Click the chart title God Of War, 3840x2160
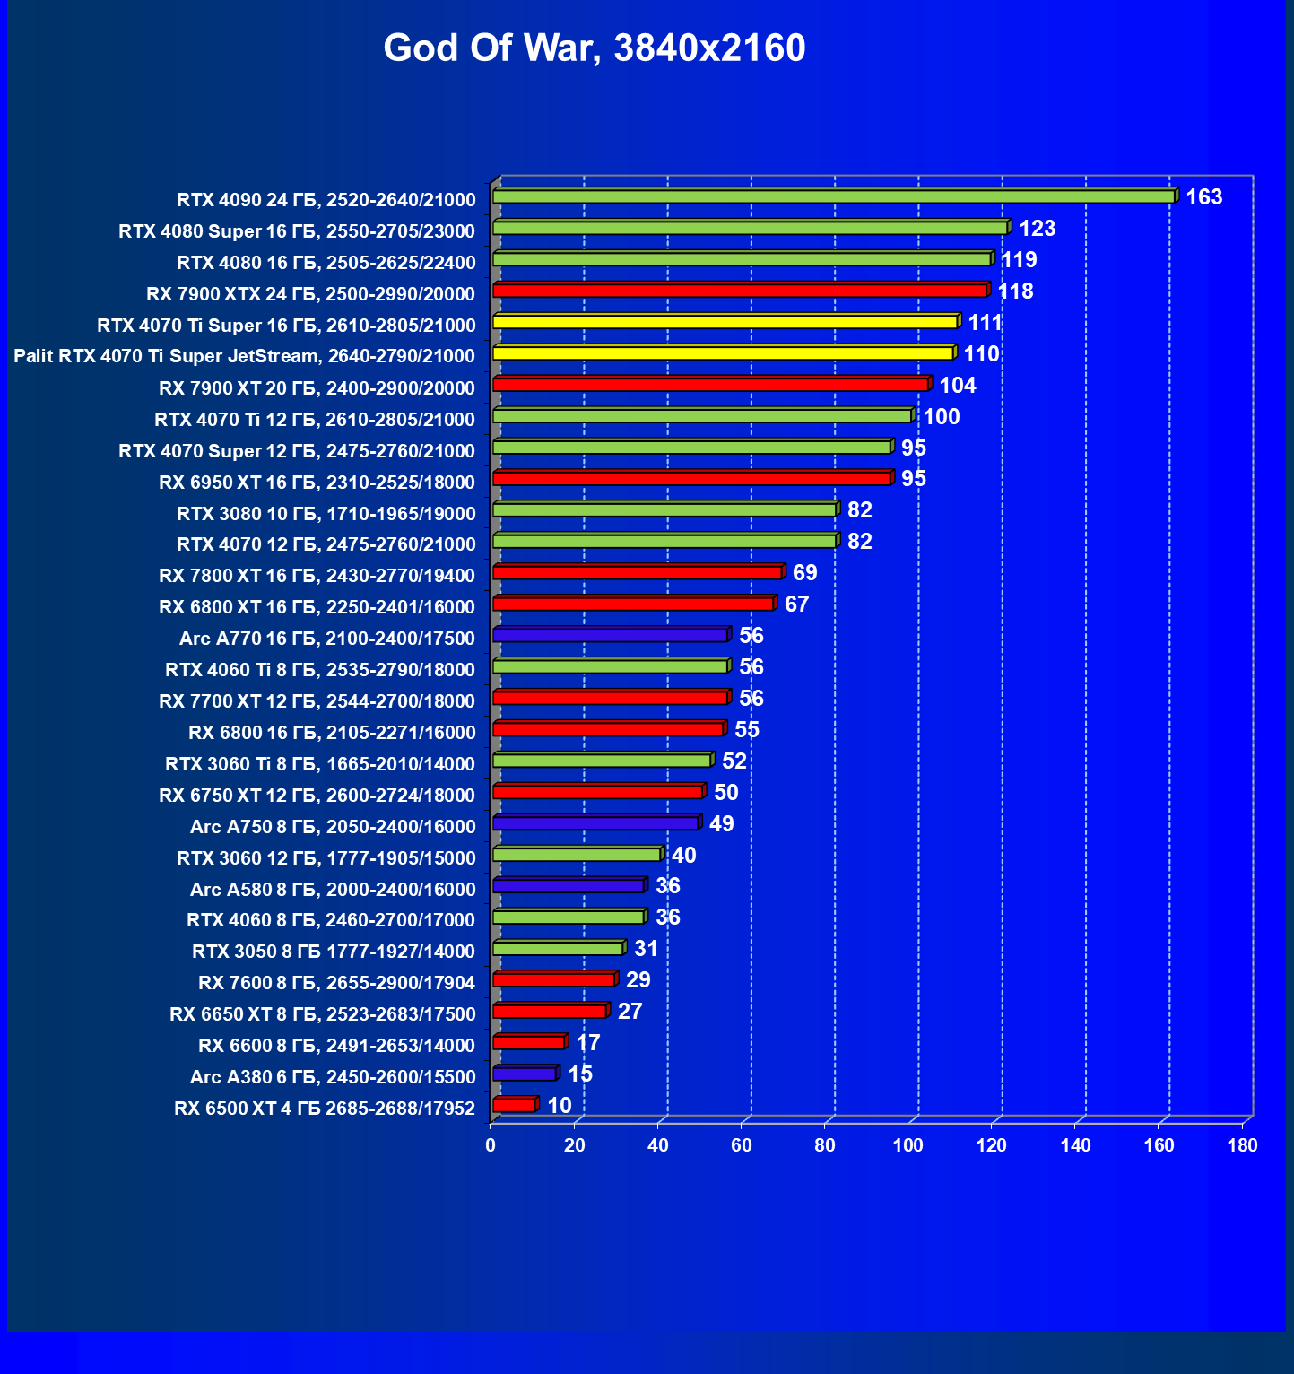click(595, 48)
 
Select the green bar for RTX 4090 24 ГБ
click(833, 196)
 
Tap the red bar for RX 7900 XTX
click(740, 291)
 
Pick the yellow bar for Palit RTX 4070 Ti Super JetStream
click(723, 353)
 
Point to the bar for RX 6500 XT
click(514, 1105)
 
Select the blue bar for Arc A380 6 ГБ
click(525, 1074)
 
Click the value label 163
click(1203, 197)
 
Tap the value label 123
click(1037, 229)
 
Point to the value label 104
click(957, 386)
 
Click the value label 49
click(721, 824)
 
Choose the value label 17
click(587, 1043)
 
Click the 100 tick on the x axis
click(908, 1145)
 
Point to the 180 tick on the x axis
click(1242, 1145)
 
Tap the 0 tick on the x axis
click(491, 1145)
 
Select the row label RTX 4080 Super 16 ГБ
click(297, 231)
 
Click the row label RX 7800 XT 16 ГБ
click(317, 576)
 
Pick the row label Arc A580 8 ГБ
click(333, 890)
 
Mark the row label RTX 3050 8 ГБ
click(334, 952)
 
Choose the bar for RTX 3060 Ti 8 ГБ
click(602, 761)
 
